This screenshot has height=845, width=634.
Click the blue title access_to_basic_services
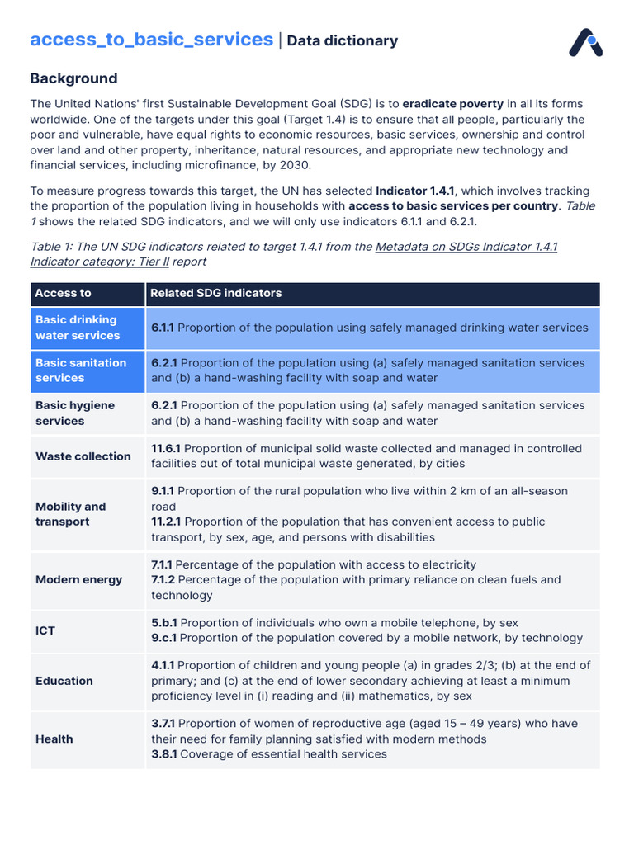tap(151, 40)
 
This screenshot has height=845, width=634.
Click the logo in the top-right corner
tap(585, 43)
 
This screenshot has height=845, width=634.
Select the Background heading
tap(73, 78)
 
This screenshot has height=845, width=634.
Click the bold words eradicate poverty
tap(453, 104)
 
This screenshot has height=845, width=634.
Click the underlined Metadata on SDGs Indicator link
tap(466, 247)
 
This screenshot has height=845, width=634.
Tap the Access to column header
tap(64, 293)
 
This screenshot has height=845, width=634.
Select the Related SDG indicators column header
tap(216, 293)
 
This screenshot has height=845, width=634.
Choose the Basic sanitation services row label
tap(81, 371)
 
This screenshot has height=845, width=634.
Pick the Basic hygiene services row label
tap(75, 413)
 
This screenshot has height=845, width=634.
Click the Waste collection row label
tap(83, 456)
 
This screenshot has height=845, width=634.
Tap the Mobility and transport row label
tap(71, 514)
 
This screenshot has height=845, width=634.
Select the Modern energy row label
tap(78, 580)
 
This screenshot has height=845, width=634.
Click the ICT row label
tap(45, 630)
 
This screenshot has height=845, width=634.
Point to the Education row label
tap(64, 681)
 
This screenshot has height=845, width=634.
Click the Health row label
tap(54, 739)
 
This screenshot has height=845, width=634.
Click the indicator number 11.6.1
tap(165, 449)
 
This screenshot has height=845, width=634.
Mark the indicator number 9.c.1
tap(163, 638)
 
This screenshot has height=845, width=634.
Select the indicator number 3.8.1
tap(163, 754)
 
